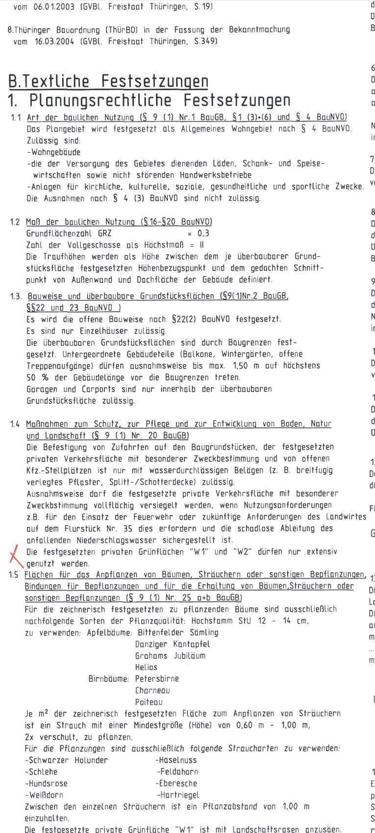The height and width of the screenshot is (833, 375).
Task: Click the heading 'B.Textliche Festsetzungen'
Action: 108,81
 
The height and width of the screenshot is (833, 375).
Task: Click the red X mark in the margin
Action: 15,557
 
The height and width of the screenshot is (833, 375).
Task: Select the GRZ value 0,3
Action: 203,233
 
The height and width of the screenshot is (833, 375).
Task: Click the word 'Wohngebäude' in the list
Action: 55,152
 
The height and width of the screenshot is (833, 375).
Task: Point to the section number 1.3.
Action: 16,296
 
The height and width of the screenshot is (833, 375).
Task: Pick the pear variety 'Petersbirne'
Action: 157,679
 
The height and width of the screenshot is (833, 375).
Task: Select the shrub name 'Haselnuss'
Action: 177,760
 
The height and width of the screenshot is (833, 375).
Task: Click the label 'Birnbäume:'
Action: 109,679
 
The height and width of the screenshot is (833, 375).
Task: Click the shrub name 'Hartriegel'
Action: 178,795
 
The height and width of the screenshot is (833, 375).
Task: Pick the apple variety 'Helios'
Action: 146,667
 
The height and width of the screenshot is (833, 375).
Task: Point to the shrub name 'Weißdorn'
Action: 45,795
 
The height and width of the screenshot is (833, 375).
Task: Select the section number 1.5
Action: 14,575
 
